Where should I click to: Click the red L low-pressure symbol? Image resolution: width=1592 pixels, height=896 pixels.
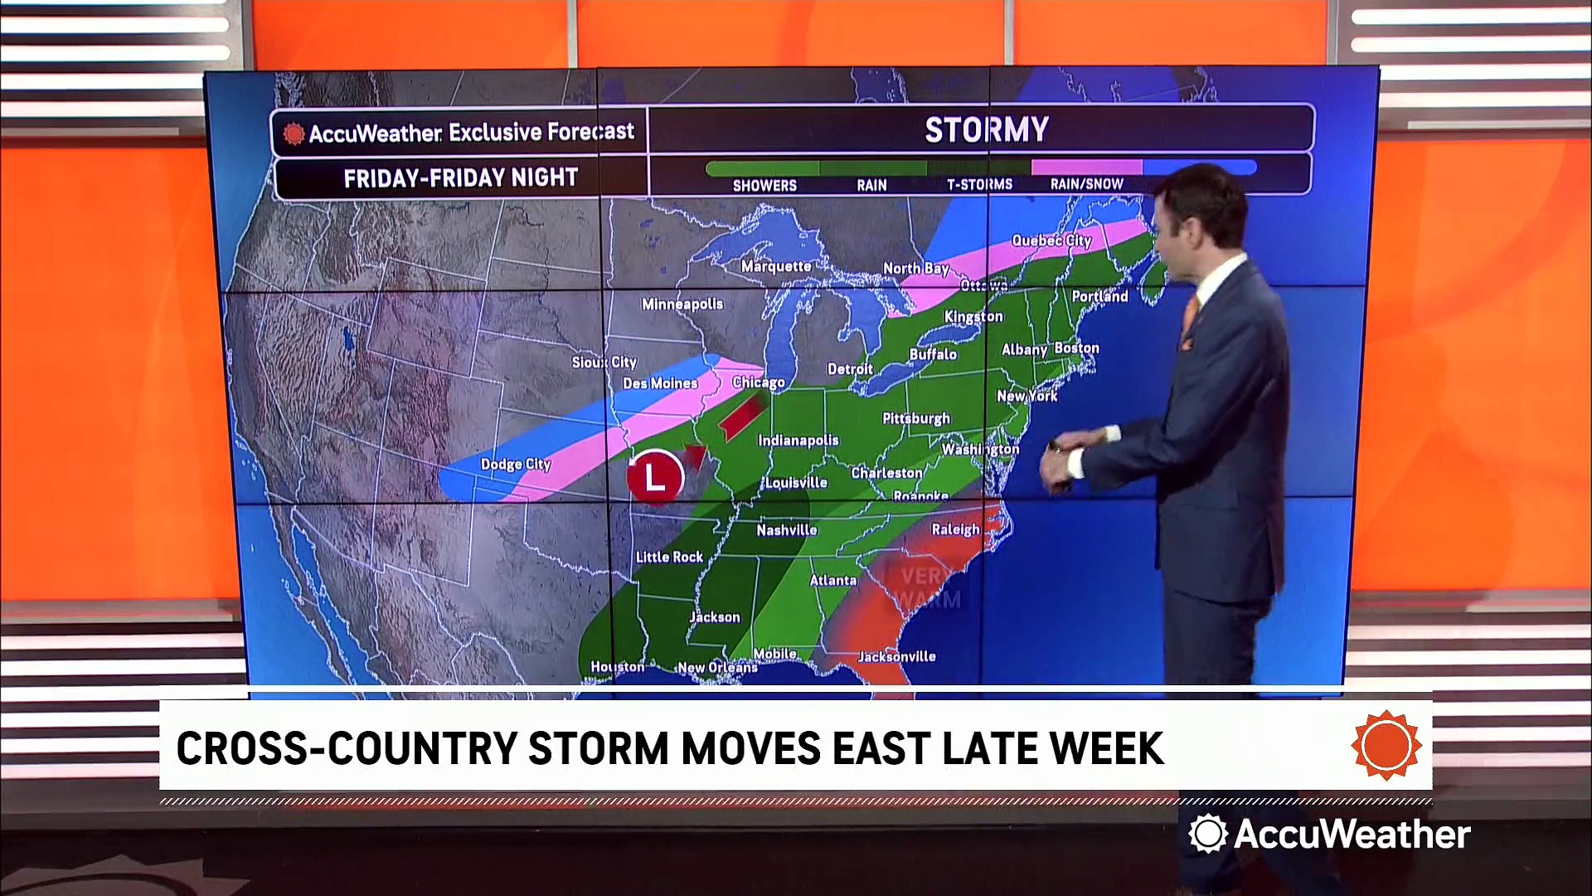[x=655, y=477]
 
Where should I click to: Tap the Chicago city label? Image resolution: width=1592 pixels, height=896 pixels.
[x=758, y=382]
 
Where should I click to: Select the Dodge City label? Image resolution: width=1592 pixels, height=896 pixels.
[x=516, y=465]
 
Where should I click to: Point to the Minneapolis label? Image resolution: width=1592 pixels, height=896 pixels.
[x=682, y=304]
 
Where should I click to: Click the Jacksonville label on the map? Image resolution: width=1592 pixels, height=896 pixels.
[x=896, y=656]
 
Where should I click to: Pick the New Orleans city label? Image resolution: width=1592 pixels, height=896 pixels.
[x=717, y=667]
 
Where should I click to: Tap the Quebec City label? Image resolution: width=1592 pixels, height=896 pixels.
[x=1051, y=241]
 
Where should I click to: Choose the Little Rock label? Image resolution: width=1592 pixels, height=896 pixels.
[x=669, y=557]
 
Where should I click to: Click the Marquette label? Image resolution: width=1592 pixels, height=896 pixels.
[x=776, y=266]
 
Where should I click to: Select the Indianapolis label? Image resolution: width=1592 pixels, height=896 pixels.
[x=798, y=441]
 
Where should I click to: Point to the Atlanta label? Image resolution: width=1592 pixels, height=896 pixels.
[x=832, y=581]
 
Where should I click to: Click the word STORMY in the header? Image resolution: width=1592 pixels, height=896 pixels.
[x=987, y=130]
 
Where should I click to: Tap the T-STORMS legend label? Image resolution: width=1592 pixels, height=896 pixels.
[x=979, y=184]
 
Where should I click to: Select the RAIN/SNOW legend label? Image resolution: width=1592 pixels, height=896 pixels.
[x=1086, y=184]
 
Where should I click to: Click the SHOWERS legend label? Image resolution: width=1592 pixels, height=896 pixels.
[x=764, y=186]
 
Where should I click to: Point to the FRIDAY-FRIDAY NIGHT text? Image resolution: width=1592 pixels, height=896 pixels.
[x=460, y=178]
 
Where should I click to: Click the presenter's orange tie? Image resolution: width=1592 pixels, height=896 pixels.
[x=1191, y=319]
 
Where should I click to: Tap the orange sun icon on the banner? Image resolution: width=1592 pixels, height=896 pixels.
[x=1386, y=745]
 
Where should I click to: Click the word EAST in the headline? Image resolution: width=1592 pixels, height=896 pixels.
[x=883, y=748]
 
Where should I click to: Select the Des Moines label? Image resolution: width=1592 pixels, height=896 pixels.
[x=660, y=383]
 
